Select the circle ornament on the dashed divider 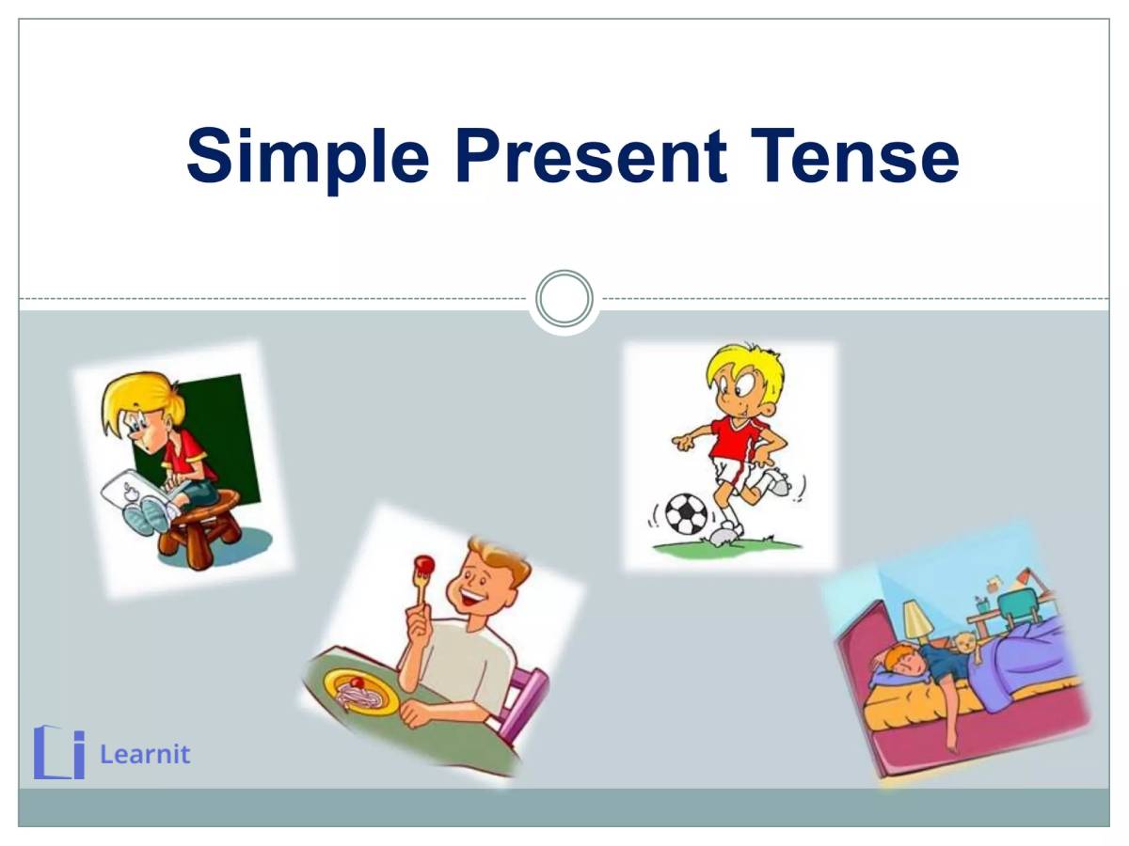coord(564,299)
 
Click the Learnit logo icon coord(58,752)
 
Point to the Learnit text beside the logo coord(145,754)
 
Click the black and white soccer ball coord(686,514)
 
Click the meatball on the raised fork coord(423,564)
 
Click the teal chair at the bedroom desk coord(1018,604)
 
